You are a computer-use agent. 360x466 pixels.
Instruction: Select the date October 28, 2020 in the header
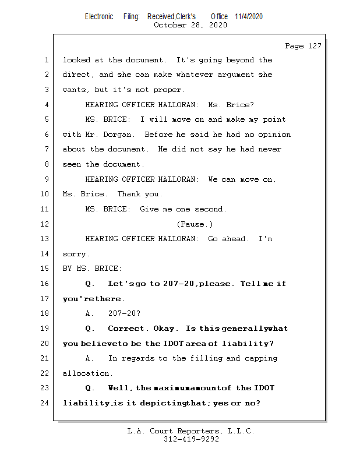point(190,25)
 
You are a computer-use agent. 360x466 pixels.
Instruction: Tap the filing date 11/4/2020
point(249,16)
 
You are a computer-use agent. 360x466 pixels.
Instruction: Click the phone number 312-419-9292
point(191,439)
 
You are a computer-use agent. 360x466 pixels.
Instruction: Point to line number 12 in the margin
point(46,224)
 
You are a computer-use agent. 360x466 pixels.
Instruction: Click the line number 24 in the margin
point(46,403)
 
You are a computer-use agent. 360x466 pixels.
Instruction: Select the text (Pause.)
point(195,224)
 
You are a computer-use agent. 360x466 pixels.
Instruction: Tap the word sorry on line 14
point(75,254)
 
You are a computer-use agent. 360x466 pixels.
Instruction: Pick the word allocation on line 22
point(86,373)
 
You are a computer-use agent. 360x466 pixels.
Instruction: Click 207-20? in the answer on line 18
point(124,313)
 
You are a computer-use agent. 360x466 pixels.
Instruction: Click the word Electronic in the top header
point(99,16)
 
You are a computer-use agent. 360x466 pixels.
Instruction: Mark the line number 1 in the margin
point(46,60)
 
